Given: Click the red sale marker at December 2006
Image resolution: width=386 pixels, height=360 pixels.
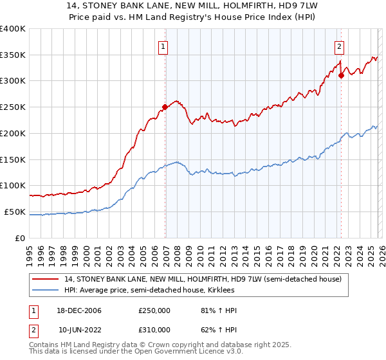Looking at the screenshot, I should point(165,107).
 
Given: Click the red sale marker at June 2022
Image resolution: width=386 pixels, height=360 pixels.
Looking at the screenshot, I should point(341,75).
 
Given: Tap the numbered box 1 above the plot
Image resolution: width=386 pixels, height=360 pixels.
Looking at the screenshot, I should point(163,46).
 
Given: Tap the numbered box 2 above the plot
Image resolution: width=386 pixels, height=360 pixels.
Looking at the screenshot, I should point(339,46).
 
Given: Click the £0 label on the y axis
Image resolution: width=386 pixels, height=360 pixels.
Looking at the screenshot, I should point(21,238).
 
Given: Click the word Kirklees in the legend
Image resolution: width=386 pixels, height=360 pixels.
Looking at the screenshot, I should point(219,291).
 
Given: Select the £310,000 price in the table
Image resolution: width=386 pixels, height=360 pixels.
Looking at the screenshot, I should point(154,330).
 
